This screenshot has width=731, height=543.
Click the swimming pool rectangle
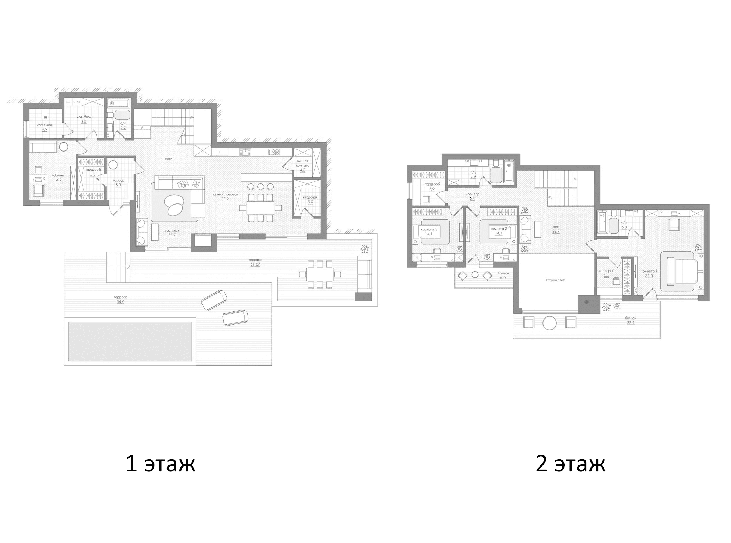pyautogui.click(x=130, y=341)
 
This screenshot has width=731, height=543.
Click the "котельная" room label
pyautogui.click(x=45, y=125)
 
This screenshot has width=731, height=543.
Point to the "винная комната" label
pyautogui.click(x=302, y=163)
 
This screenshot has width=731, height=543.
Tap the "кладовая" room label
pyautogui.click(x=310, y=197)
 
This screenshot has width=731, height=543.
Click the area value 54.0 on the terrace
pyautogui.click(x=121, y=302)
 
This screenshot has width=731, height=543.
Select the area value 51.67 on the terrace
pyautogui.click(x=255, y=264)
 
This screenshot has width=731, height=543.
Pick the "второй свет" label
pyautogui.click(x=555, y=280)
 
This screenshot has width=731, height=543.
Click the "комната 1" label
pyautogui.click(x=649, y=271)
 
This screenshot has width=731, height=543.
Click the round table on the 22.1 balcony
pyautogui.click(x=549, y=323)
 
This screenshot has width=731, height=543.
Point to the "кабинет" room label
pyautogui.click(x=58, y=175)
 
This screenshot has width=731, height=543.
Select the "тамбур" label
pyautogui.click(x=118, y=181)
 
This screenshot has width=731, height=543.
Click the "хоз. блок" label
pyautogui.click(x=84, y=117)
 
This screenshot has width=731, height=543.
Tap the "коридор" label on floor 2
pyautogui.click(x=472, y=194)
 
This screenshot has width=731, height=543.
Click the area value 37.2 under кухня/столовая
pyautogui.click(x=225, y=199)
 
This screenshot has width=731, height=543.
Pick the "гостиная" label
pyautogui.click(x=172, y=230)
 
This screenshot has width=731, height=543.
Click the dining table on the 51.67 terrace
pyautogui.click(x=320, y=274)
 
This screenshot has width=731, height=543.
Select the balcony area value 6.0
pyautogui.click(x=503, y=277)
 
